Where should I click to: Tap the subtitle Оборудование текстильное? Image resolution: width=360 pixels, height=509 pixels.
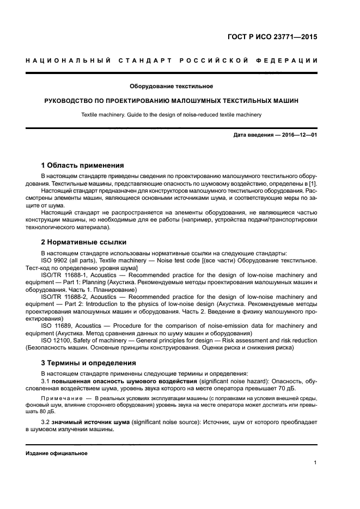pyautogui.click(x=171, y=86)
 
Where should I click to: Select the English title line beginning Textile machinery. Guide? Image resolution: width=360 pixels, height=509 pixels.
pyautogui.click(x=171, y=115)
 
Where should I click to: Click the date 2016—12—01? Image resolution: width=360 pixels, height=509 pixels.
pyautogui.click(x=295, y=135)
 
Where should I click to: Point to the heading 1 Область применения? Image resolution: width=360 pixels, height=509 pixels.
pyautogui.click(x=83, y=165)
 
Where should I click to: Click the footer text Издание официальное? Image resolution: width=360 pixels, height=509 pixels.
pyautogui.click(x=57, y=453)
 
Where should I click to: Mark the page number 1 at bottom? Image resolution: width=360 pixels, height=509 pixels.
pyautogui.click(x=315, y=463)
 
